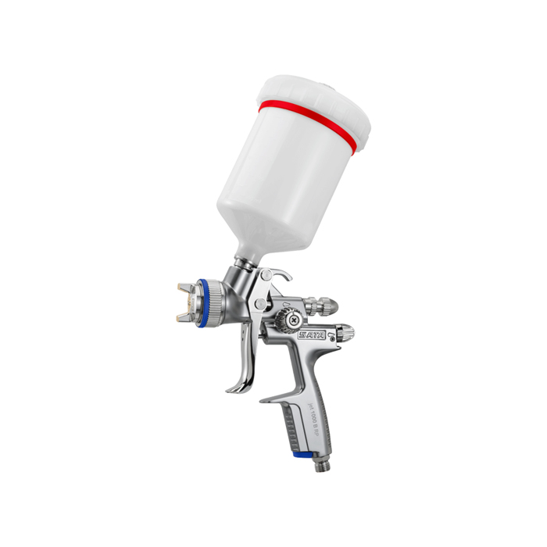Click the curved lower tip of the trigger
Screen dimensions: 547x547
coord(235,388)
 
